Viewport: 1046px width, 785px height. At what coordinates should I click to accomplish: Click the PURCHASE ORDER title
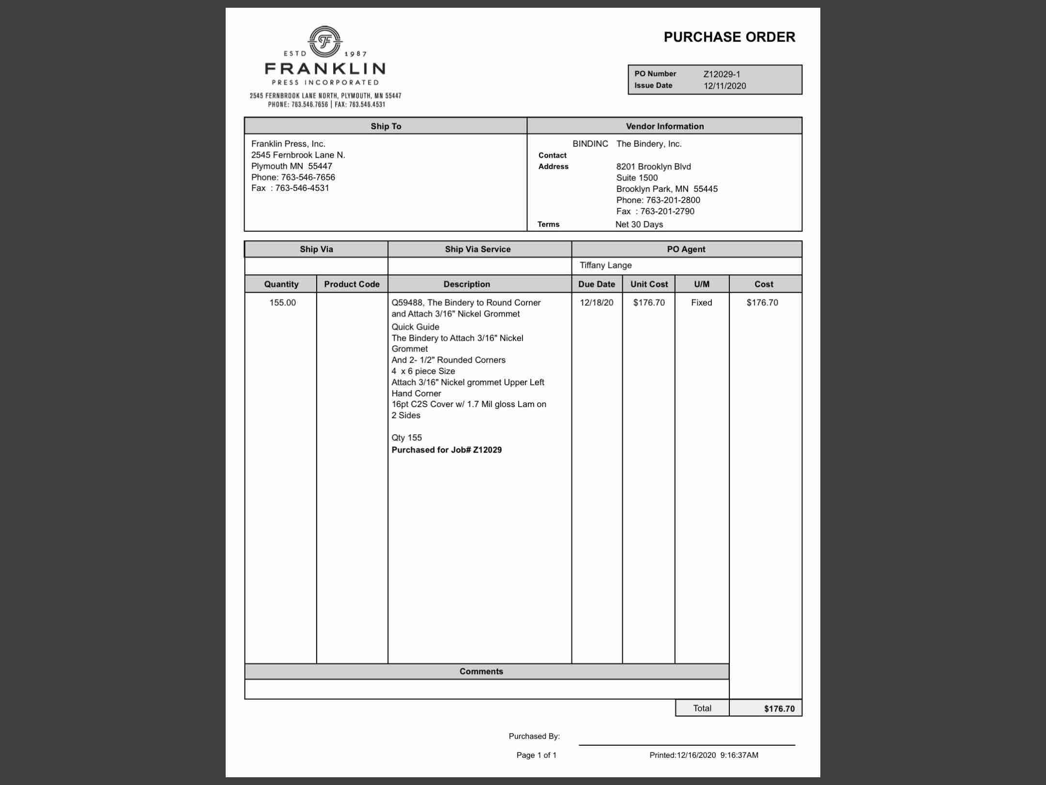729,37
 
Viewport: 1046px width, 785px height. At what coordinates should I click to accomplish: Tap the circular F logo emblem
325,41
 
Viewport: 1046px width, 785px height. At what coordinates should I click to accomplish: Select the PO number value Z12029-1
722,74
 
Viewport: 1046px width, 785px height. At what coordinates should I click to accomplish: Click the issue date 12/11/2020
724,86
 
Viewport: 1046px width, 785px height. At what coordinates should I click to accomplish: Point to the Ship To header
385,126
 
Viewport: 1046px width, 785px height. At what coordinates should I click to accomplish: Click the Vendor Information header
664,126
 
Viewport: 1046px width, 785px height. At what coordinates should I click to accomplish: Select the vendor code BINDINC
590,144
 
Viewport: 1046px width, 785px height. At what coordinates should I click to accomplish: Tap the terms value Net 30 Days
639,224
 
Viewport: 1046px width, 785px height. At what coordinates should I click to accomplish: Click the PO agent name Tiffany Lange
605,265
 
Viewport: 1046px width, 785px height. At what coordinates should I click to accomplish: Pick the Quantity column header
281,284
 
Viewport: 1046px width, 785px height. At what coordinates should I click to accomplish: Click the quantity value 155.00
282,302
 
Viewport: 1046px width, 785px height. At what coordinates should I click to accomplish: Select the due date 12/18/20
596,302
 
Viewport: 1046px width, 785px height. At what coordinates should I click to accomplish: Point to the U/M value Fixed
701,302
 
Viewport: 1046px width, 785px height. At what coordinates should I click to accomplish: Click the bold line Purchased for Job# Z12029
446,450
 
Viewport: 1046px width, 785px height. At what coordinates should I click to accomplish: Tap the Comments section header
481,671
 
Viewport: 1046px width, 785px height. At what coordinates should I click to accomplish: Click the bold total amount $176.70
779,708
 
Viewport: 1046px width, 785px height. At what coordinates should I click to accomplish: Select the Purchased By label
534,736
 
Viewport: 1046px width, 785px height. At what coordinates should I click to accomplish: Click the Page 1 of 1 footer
536,755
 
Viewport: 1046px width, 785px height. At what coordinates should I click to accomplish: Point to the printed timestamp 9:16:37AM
739,755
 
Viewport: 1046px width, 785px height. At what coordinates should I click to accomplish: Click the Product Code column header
352,284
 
